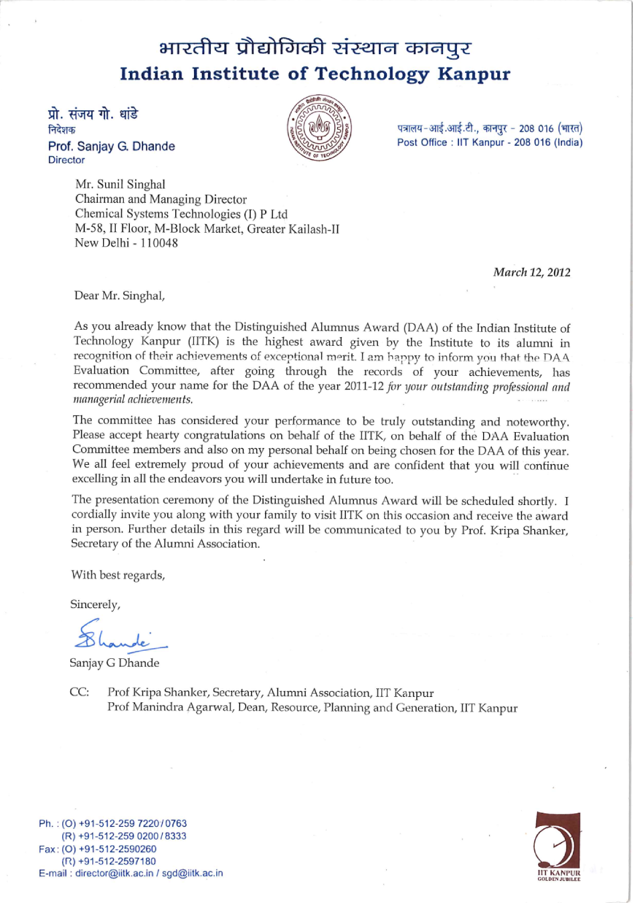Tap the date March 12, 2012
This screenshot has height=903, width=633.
532,272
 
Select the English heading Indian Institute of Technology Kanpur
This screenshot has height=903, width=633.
315,74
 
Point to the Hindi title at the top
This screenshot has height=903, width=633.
315,48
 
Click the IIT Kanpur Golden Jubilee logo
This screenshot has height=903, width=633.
558,845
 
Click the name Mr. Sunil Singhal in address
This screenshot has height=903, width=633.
120,184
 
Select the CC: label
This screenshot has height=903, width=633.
79,692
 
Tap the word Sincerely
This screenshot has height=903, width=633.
95,605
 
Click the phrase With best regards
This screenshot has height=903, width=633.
118,575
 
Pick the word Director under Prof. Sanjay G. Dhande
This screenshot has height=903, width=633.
66,161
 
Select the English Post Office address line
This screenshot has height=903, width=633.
489,142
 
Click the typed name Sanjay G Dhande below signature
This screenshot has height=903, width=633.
114,663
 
